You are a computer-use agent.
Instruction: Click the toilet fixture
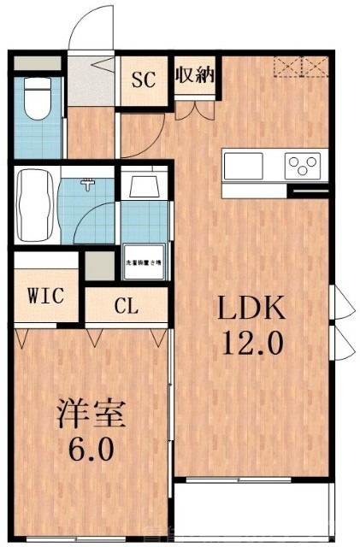38,100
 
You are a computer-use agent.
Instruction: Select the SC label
143,80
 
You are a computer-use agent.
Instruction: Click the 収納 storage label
194,76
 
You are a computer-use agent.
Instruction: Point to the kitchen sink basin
246,164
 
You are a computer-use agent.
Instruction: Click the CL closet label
128,306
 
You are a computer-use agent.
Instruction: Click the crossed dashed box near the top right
300,66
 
